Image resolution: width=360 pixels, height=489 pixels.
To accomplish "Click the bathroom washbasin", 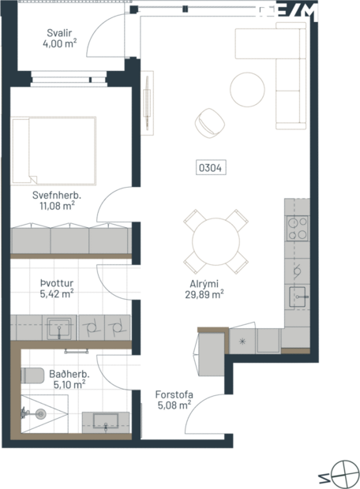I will click(x=106, y=420).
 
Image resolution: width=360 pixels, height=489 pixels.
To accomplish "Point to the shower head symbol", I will click(x=38, y=412).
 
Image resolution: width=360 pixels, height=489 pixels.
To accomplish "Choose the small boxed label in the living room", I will click(x=212, y=166).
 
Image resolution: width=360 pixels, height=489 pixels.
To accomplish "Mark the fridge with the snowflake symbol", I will click(x=242, y=341).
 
